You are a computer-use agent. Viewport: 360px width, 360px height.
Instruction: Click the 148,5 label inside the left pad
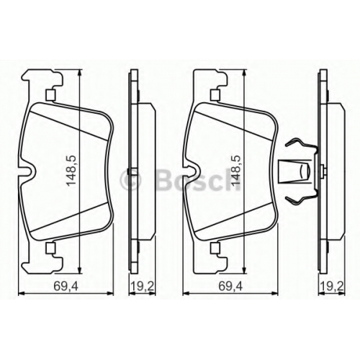tap(71, 170)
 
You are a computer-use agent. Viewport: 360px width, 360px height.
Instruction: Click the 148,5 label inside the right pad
tap(235, 170)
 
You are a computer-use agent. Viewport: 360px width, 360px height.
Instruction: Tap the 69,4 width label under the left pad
tap(66, 286)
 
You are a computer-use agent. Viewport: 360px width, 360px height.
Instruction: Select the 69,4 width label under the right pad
tap(231, 286)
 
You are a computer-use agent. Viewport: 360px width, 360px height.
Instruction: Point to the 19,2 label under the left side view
tap(143, 286)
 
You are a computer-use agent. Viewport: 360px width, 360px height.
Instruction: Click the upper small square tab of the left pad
tap(50, 94)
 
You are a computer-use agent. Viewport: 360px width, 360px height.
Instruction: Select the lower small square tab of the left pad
tap(50, 248)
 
